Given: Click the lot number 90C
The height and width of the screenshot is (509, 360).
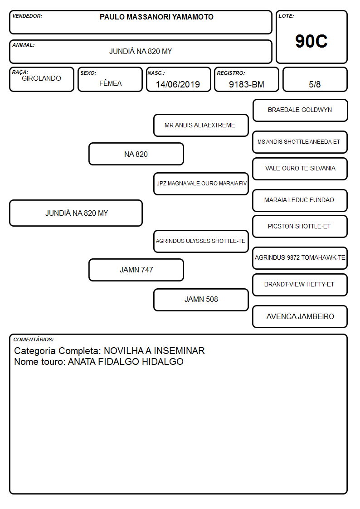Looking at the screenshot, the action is [x=311, y=41].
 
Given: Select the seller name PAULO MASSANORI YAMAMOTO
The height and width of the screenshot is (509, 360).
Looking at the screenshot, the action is [x=156, y=17].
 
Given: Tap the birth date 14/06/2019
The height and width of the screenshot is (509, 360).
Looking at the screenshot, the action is [x=178, y=84].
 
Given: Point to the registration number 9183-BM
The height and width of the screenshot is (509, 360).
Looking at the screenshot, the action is [x=246, y=84].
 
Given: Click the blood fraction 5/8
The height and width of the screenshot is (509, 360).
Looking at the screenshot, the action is [x=315, y=84].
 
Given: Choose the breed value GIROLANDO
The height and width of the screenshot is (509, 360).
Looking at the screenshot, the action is [x=41, y=78].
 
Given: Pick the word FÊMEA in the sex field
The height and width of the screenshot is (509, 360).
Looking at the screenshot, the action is [x=110, y=83].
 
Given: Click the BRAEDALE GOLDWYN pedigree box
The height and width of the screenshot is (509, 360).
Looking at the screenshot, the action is [x=300, y=111].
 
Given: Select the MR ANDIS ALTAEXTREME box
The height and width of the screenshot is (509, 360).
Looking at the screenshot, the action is [x=201, y=125].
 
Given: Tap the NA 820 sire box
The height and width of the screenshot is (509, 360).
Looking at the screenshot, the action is [x=136, y=154].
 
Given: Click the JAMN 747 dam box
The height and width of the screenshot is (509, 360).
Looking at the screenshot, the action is [x=136, y=270].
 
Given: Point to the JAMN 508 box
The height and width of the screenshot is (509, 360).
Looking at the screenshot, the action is [x=201, y=300].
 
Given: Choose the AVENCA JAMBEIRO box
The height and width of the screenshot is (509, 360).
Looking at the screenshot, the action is [x=300, y=316].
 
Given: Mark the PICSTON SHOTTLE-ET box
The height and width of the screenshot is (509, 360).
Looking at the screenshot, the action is [x=300, y=227].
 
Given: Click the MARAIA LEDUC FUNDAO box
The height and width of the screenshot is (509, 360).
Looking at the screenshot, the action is [x=300, y=200].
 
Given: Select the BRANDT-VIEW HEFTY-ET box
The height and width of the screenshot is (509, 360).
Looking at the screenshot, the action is [x=300, y=285].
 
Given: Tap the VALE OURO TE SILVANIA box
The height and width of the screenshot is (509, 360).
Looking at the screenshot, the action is [x=300, y=169].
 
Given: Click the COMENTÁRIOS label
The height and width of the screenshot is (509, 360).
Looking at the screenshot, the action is [x=34, y=339].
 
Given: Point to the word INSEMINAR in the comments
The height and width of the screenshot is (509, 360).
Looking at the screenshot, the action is [x=179, y=350].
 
